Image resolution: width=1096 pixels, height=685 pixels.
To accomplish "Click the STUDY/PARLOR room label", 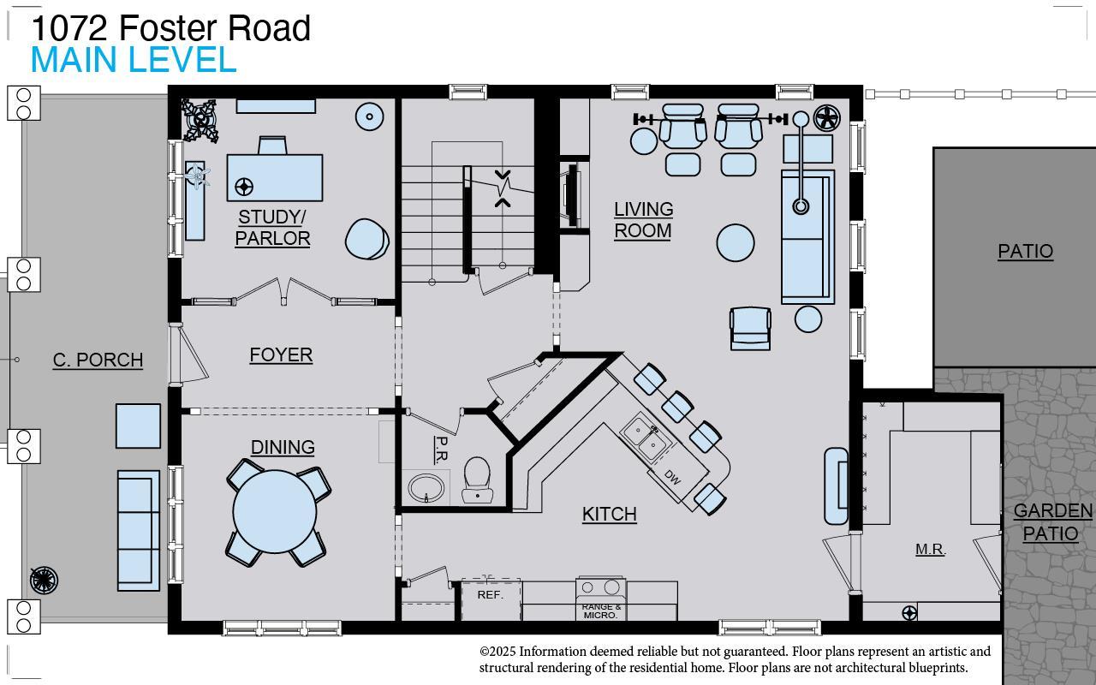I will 272,228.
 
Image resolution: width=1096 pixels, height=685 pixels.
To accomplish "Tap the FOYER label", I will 281,354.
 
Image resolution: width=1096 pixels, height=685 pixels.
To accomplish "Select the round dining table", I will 275,511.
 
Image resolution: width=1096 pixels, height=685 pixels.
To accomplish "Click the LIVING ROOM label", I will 643,220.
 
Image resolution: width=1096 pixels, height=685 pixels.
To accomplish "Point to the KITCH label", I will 609,514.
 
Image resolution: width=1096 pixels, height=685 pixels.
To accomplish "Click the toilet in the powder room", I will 476,478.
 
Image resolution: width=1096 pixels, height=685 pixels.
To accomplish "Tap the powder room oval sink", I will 427,488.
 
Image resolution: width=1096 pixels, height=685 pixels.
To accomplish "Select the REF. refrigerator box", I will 491,598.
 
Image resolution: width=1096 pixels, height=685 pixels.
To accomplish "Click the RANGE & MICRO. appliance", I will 601,599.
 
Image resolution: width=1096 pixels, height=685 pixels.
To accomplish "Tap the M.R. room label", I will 930,550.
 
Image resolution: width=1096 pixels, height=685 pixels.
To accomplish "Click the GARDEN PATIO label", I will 1052,522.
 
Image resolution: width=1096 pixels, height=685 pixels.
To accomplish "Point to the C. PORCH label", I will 98,360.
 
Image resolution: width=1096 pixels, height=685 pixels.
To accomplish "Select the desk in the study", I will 275,177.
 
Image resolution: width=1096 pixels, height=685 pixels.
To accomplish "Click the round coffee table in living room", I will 736,242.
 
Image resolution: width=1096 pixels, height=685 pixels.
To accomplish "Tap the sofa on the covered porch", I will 138,530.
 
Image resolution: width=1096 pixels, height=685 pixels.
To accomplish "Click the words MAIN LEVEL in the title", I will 134,61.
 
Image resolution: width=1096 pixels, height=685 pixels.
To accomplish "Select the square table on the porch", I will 138,426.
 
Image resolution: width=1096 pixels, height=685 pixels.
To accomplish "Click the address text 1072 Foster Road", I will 171,28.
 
